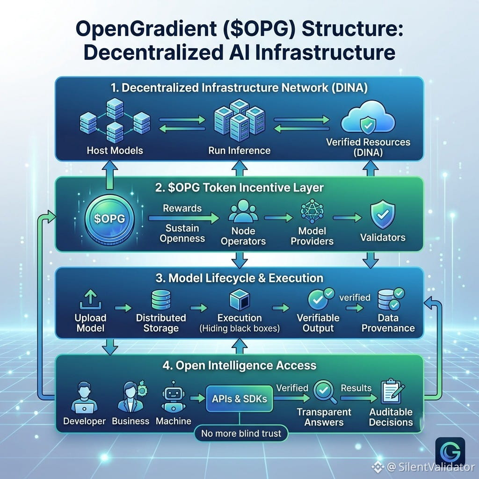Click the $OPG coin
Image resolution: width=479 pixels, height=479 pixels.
click(x=109, y=218)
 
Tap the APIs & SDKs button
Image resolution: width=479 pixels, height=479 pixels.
click(x=239, y=399)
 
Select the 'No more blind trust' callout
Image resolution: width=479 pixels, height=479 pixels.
click(x=241, y=433)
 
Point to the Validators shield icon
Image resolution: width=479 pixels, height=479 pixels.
click(x=383, y=215)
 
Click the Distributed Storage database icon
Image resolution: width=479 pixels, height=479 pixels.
click(x=161, y=300)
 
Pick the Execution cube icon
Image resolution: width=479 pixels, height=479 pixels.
click(x=240, y=300)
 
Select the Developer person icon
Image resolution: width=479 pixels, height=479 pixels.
click(x=84, y=398)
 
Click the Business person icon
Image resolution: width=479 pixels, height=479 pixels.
click(x=131, y=397)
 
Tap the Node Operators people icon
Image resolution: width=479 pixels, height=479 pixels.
click(x=243, y=211)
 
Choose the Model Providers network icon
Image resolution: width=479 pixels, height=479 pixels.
click(x=312, y=211)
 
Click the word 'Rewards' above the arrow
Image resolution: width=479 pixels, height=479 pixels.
click(x=182, y=208)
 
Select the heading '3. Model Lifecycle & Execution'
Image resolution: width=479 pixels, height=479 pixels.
click(x=239, y=278)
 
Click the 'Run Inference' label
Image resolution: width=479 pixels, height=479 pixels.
click(x=239, y=150)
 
